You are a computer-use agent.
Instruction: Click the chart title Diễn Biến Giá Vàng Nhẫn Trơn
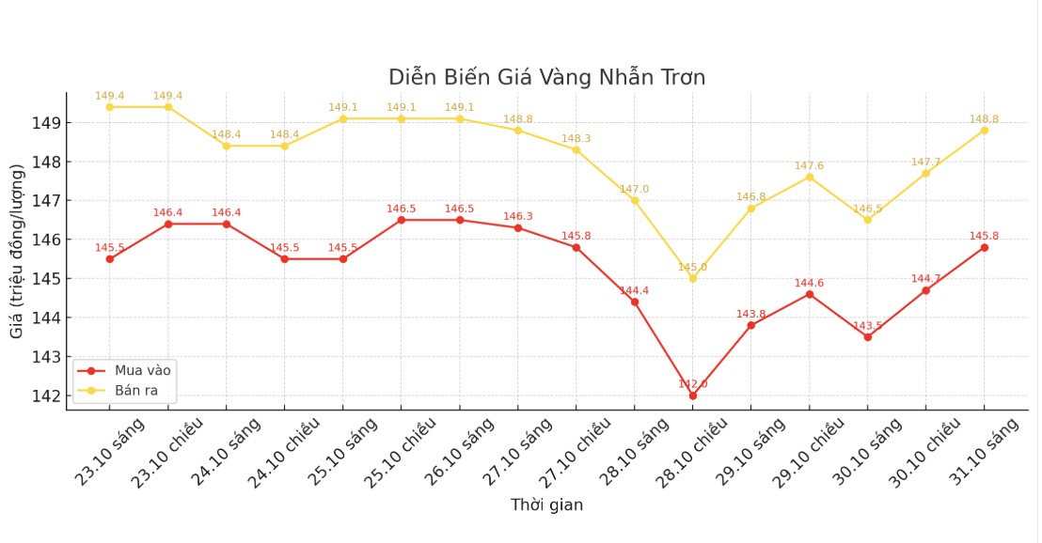pos(546,77)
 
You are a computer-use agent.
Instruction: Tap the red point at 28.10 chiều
pos(693,396)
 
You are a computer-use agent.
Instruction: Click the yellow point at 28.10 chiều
pos(693,278)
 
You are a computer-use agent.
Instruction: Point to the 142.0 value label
pos(693,384)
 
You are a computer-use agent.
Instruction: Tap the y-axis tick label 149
pos(49,123)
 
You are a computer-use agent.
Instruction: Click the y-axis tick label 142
pos(49,396)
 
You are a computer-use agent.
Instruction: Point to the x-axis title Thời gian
pos(546,505)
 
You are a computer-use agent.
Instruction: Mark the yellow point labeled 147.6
pos(809,177)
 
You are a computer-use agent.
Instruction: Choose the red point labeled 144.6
pos(809,294)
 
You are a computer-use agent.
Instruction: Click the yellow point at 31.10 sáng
pos(985,130)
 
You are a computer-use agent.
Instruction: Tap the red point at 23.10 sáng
pos(110,258)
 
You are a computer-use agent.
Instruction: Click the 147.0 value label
pos(634,190)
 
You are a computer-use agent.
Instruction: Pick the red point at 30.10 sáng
pos(867,337)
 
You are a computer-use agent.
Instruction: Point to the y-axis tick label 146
pos(49,240)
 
